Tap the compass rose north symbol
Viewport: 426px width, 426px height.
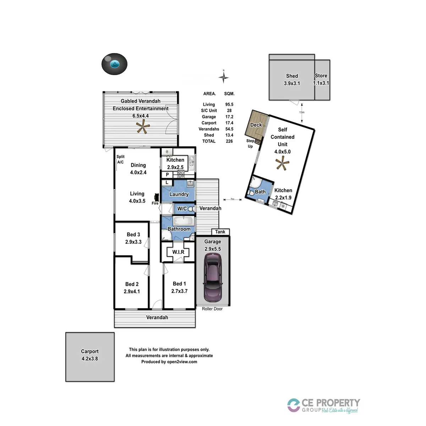[224, 77]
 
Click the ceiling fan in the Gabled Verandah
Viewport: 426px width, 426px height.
[142, 127]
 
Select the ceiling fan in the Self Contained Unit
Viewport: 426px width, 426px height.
[283, 164]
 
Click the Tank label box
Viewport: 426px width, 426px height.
[220, 232]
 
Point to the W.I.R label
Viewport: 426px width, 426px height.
[178, 252]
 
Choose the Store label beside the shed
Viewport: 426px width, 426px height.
[321, 76]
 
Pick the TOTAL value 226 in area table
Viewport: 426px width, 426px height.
[229, 141]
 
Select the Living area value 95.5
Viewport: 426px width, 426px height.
[229, 104]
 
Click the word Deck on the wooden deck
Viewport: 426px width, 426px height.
[256, 125]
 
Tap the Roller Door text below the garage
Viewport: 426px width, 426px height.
[212, 309]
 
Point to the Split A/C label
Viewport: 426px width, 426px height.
[120, 159]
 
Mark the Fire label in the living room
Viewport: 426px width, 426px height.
[155, 203]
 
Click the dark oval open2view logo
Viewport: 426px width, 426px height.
[114, 64]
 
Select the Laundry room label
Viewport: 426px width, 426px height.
[179, 194]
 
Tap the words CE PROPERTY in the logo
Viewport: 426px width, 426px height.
[331, 403]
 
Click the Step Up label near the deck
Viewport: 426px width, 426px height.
[250, 143]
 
